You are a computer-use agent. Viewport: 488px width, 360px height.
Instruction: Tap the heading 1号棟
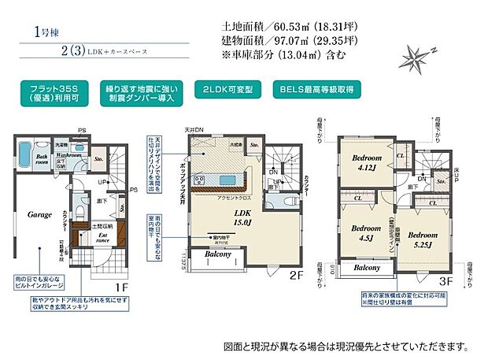pyautogui.click(x=43, y=32)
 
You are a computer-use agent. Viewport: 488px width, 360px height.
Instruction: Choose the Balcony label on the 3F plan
pyautogui.click(x=367, y=268)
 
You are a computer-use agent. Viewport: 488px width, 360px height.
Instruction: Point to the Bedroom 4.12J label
pyautogui.click(x=366, y=162)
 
